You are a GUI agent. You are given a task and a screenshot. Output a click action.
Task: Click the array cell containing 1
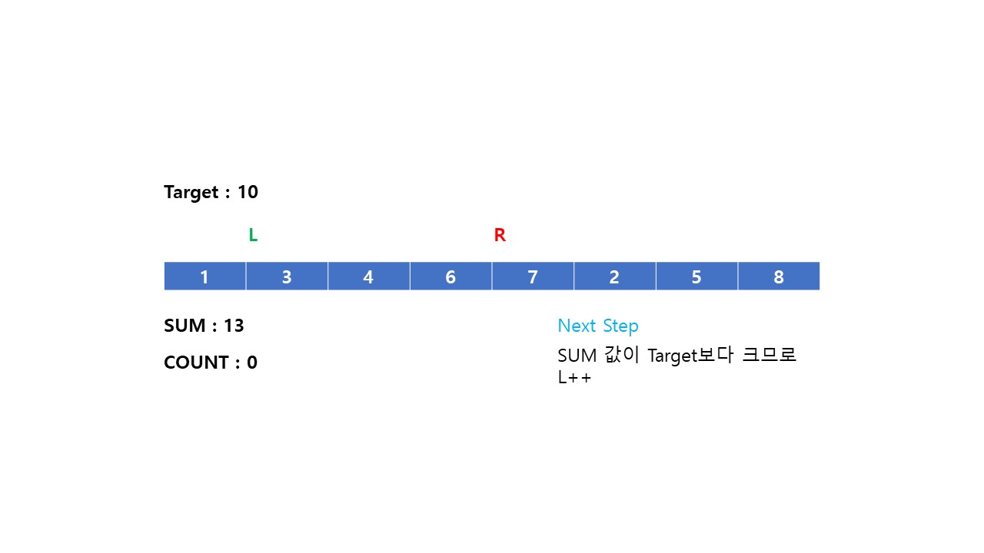(204, 276)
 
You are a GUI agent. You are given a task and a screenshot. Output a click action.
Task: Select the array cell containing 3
(287, 276)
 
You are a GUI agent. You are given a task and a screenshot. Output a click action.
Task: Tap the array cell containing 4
(368, 276)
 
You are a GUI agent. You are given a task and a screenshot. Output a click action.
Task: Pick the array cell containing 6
(450, 276)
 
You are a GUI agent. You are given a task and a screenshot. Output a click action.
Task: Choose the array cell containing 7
(533, 276)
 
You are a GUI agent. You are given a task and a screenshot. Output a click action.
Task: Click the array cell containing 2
(614, 276)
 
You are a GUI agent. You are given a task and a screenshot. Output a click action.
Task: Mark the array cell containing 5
(696, 276)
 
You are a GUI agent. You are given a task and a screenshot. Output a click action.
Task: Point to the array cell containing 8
(779, 276)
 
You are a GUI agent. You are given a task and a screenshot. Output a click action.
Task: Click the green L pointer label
(253, 236)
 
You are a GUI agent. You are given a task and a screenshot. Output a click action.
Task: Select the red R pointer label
(500, 236)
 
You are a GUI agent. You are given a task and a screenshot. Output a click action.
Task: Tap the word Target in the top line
(191, 192)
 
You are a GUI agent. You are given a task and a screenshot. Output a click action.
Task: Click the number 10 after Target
(248, 192)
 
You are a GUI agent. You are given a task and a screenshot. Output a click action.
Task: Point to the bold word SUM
(185, 326)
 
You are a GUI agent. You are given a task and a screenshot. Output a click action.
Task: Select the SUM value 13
(234, 326)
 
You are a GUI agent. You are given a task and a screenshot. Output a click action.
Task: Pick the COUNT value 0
(252, 363)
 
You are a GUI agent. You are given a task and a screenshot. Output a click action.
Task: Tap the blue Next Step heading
(598, 326)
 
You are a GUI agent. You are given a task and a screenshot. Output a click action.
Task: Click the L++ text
(574, 378)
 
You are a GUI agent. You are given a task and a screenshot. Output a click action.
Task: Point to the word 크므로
(770, 356)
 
